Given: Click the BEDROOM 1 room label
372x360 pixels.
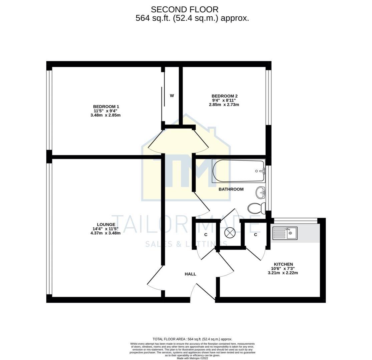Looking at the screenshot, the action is click(106, 107).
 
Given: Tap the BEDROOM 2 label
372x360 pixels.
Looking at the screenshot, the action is click(225, 96).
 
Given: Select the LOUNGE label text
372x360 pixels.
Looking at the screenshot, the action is click(106, 224).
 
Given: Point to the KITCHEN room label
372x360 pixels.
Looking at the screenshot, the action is click(283, 264).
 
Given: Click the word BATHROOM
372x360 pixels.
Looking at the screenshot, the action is click(231, 189).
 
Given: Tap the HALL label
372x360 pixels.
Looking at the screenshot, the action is click(190, 274).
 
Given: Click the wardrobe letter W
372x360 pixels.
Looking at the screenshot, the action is click(172, 96).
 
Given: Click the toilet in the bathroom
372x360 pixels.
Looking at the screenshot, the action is click(256, 208).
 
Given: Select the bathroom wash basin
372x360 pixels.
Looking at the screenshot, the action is click(261, 192).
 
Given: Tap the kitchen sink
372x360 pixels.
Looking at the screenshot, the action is click(285, 233).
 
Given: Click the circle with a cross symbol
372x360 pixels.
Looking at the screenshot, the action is click(230, 232).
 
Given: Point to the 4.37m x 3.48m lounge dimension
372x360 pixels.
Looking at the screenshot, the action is click(105, 233).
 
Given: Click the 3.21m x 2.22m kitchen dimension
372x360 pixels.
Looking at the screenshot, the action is click(283, 273).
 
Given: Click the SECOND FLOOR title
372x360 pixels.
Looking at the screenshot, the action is click(184, 9).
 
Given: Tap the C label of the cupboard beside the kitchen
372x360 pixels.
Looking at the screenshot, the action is click(256, 235).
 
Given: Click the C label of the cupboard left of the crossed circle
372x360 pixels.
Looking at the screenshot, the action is click(206, 235).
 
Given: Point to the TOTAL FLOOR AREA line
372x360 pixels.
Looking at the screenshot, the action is click(193, 339).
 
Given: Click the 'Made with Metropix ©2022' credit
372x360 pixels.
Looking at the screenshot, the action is click(193, 358).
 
